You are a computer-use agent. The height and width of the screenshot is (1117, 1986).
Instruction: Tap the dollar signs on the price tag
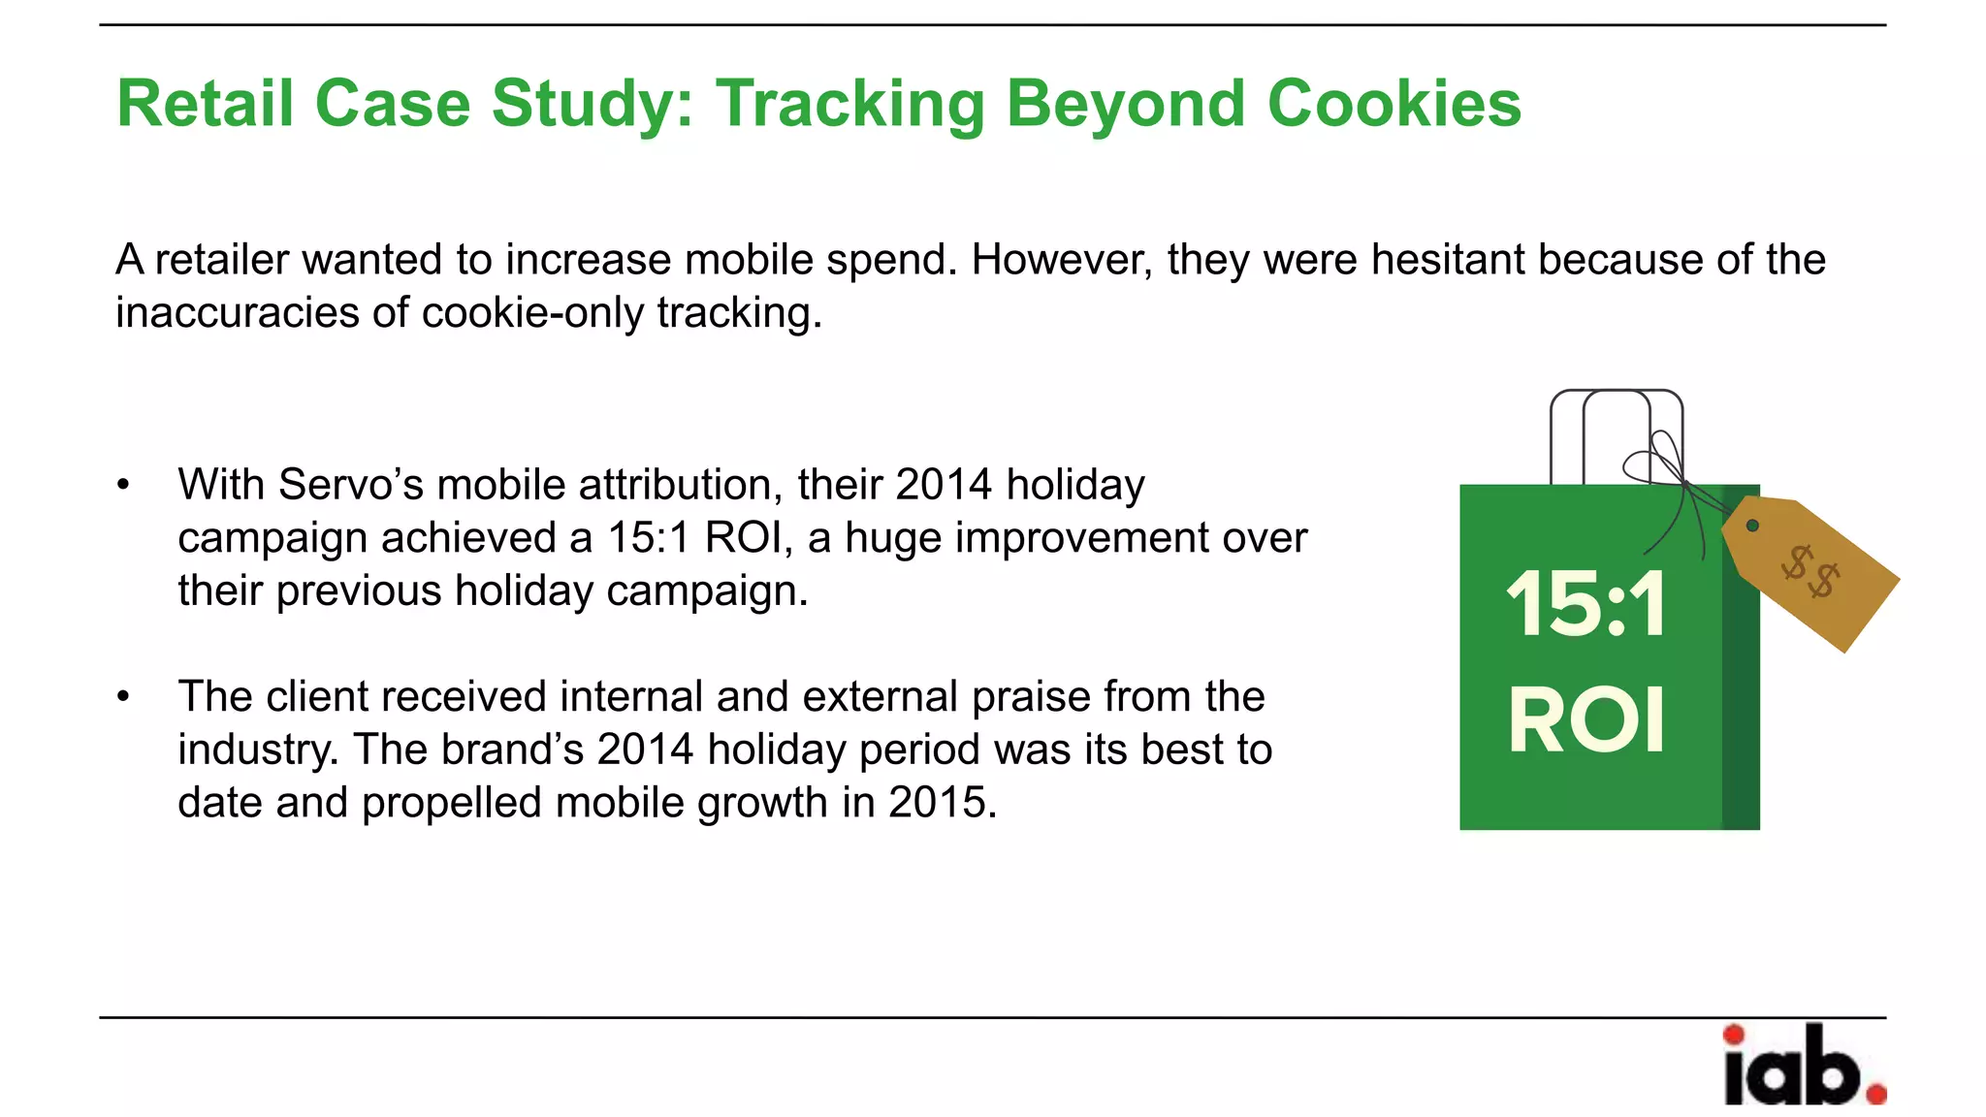pyautogui.click(x=1810, y=572)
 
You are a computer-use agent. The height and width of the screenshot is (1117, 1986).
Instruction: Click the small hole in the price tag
pyautogui.click(x=1752, y=526)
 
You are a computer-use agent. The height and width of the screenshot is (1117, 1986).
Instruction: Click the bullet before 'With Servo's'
pyautogui.click(x=123, y=485)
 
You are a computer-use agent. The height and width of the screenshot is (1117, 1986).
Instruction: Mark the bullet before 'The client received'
pyautogui.click(x=123, y=696)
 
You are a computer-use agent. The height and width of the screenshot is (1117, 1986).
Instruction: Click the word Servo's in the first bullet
pyautogui.click(x=351, y=485)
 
